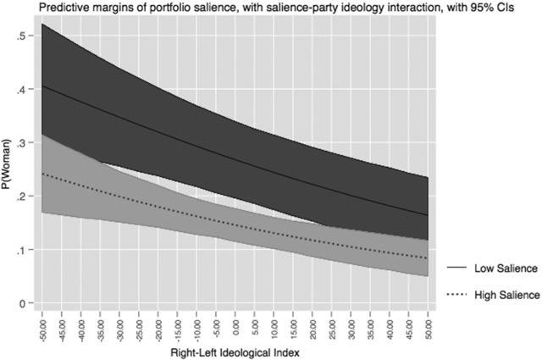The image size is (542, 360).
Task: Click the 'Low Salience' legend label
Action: (506, 269)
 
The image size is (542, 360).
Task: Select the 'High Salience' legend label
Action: (506, 295)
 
